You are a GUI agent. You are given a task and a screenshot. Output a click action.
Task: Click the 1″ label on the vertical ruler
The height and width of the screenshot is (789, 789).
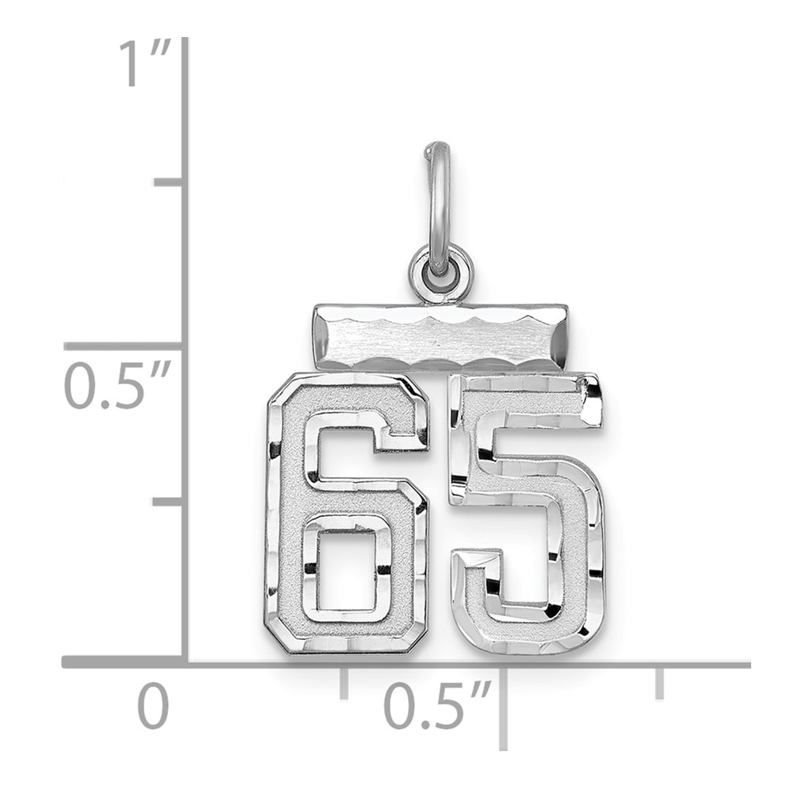pyautogui.click(x=145, y=64)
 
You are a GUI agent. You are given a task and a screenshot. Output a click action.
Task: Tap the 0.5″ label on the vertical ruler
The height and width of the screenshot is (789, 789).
pyautogui.click(x=118, y=384)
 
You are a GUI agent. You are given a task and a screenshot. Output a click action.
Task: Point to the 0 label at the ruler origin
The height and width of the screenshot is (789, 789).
pyautogui.click(x=153, y=705)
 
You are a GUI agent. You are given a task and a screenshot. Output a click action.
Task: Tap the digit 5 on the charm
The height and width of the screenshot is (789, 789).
pyautogui.click(x=527, y=514)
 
